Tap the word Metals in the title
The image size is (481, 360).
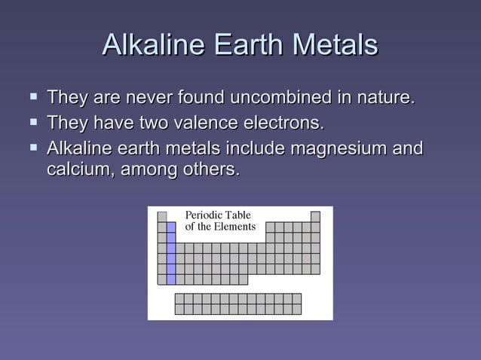(x=335, y=44)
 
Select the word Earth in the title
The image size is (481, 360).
(x=247, y=44)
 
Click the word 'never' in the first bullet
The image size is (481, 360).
(x=149, y=98)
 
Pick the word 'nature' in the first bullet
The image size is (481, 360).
(x=382, y=98)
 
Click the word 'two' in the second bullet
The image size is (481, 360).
(x=152, y=122)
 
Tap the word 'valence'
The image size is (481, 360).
(x=205, y=122)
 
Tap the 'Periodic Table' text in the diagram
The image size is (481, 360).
(x=218, y=215)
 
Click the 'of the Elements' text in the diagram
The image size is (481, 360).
(x=220, y=227)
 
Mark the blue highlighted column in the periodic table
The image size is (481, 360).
(x=171, y=252)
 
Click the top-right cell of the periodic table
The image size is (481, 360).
(x=315, y=216)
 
